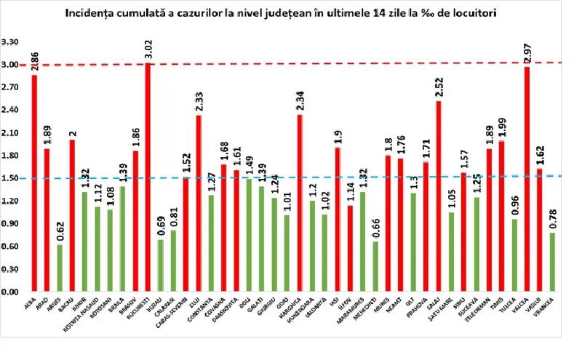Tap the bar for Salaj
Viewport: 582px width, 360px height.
point(439,196)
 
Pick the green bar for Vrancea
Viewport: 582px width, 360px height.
point(552,262)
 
